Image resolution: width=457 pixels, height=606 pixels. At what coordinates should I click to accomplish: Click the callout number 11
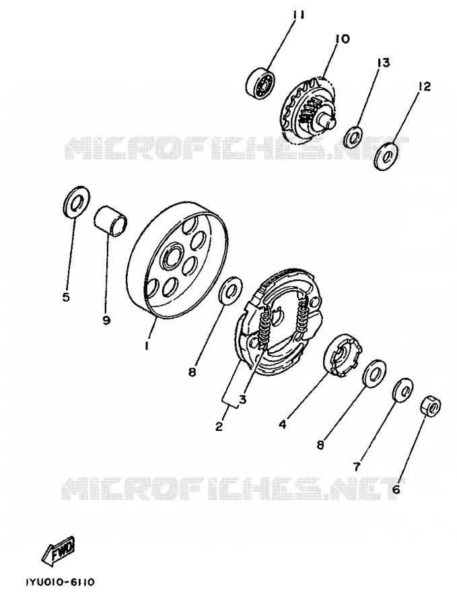tap(297, 15)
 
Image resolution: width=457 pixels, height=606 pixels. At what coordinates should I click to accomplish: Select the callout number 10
tap(342, 38)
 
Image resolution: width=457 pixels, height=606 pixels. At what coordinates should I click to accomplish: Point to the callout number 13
tap(383, 63)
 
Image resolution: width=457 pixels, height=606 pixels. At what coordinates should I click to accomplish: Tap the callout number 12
tap(424, 87)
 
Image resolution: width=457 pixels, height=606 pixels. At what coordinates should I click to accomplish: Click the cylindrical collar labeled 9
tap(111, 221)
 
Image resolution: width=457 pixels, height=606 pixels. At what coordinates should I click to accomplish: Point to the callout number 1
tap(147, 345)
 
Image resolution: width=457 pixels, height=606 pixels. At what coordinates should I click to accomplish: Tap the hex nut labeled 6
tap(431, 407)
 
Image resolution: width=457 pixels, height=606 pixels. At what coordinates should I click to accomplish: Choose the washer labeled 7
tap(402, 390)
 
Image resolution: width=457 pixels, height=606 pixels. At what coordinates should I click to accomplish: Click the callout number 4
tap(283, 424)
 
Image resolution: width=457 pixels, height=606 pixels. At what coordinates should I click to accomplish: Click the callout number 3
tap(242, 399)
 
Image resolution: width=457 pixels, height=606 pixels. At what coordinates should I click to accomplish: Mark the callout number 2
tap(219, 426)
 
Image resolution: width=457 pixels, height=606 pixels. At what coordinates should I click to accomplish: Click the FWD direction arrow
tap(58, 549)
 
